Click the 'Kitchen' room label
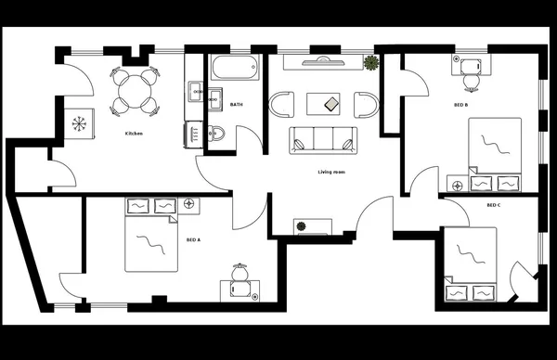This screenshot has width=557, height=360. (x=134, y=135)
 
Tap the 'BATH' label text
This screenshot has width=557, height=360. (x=237, y=105)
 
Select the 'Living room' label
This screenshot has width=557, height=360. (x=332, y=172)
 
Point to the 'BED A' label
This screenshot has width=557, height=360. (x=193, y=239)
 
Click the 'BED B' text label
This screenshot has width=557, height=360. (x=460, y=105)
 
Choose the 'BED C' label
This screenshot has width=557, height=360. (x=494, y=205)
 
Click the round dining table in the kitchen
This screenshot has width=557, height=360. (x=131, y=91)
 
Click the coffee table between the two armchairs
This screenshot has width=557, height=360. (x=330, y=103)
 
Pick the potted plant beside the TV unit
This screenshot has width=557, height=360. (x=371, y=63)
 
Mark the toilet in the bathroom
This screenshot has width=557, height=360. (x=215, y=133)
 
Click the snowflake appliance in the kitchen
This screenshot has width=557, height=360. (x=79, y=123)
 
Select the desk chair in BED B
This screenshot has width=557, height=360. (x=470, y=81)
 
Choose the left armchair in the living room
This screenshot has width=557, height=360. (x=281, y=104)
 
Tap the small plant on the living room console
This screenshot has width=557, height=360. (x=301, y=225)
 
